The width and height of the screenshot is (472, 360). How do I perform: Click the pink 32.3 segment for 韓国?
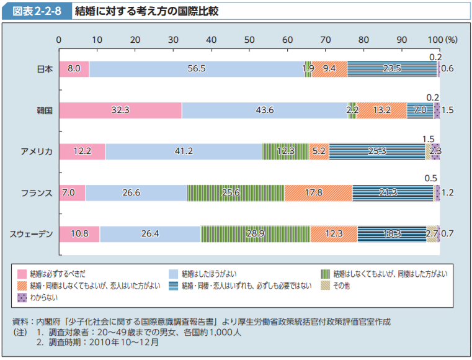(120, 110)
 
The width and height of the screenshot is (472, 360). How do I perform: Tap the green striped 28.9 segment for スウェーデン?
(255, 234)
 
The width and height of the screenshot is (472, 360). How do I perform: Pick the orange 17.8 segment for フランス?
(318, 192)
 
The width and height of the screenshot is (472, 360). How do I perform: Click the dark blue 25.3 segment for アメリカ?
(376, 151)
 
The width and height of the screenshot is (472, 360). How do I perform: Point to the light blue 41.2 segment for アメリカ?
(184, 151)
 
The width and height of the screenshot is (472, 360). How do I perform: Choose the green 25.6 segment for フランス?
(236, 192)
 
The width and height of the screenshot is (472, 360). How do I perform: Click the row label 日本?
(44, 69)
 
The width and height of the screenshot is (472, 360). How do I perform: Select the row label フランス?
(37, 192)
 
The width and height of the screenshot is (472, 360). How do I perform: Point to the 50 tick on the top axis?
(249, 40)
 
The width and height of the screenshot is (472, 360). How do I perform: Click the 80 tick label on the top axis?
(363, 40)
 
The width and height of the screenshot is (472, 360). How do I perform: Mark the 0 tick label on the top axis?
(59, 40)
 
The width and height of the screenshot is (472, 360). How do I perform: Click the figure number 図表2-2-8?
(35, 12)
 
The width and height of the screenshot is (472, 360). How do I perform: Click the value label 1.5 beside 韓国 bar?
(448, 110)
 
